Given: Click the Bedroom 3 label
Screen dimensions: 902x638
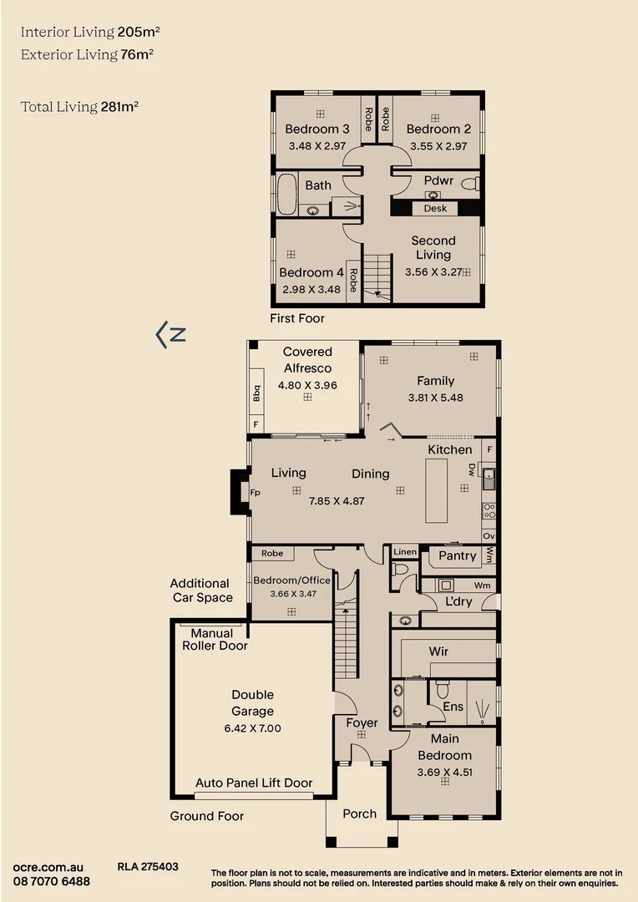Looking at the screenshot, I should [317, 129].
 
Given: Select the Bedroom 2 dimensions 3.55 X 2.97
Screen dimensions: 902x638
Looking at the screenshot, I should [438, 145].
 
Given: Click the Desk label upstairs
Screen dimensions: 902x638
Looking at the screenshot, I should [435, 208].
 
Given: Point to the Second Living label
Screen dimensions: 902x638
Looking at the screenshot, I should [433, 247].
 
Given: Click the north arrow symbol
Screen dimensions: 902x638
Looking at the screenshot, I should [170, 335].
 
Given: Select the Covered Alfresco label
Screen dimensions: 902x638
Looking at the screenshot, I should [307, 360].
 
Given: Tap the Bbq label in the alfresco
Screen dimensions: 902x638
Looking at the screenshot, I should [257, 392].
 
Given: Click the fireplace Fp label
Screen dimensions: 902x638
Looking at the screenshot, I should [256, 493].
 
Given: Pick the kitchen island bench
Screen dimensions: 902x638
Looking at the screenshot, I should [438, 491].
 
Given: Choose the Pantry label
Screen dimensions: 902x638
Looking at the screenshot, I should [457, 555].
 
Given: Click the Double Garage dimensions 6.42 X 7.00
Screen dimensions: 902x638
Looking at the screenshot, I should [252, 727].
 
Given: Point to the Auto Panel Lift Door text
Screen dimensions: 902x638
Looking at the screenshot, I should [254, 783].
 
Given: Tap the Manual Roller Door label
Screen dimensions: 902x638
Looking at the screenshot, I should [215, 640].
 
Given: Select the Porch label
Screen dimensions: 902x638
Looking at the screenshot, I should [360, 813].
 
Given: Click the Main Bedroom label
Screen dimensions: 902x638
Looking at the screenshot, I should [445, 747].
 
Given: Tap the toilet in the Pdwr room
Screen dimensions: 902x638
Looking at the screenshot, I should [469, 183].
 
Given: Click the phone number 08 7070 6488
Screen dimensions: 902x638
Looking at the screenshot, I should [52, 882].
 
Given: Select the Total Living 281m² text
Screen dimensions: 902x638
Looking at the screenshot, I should [80, 107].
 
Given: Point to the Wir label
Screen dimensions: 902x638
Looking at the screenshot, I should [438, 651].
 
